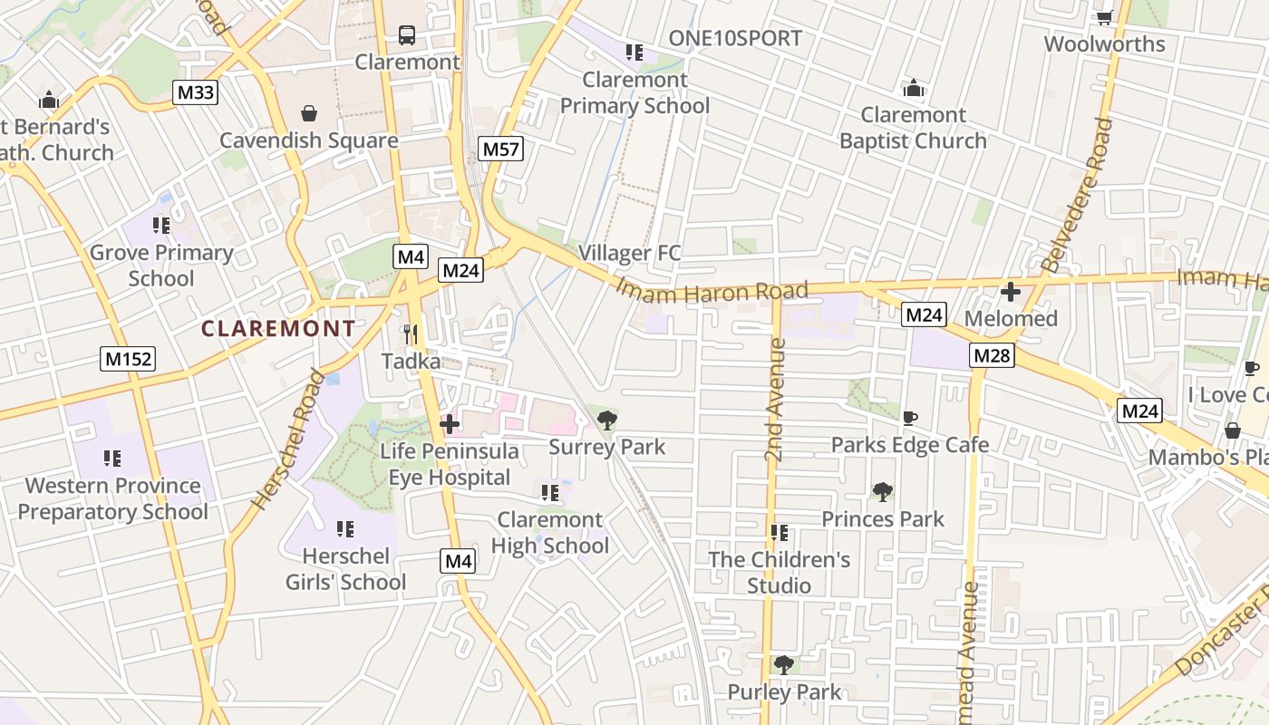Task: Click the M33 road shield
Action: pyautogui.click(x=196, y=92)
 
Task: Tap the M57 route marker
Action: pyautogui.click(x=501, y=149)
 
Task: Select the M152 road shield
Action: pyautogui.click(x=128, y=359)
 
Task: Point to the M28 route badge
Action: pyautogui.click(x=991, y=355)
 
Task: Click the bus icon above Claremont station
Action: pyautogui.click(x=407, y=35)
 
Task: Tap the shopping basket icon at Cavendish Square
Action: pyautogui.click(x=309, y=113)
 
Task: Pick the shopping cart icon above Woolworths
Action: pyautogui.click(x=1104, y=17)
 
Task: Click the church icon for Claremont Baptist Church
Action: pyautogui.click(x=913, y=88)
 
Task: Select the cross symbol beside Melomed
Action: pyautogui.click(x=1011, y=292)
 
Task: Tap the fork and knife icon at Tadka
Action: pyautogui.click(x=411, y=334)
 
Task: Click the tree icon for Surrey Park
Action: pyautogui.click(x=606, y=420)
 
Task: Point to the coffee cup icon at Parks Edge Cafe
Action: pyautogui.click(x=910, y=418)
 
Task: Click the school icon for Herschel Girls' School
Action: pyautogui.click(x=344, y=528)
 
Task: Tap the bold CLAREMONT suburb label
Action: pyautogui.click(x=278, y=328)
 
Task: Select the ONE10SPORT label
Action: pyautogui.click(x=735, y=38)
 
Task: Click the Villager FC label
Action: pyautogui.click(x=629, y=253)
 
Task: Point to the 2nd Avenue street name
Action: pyautogui.click(x=775, y=400)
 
